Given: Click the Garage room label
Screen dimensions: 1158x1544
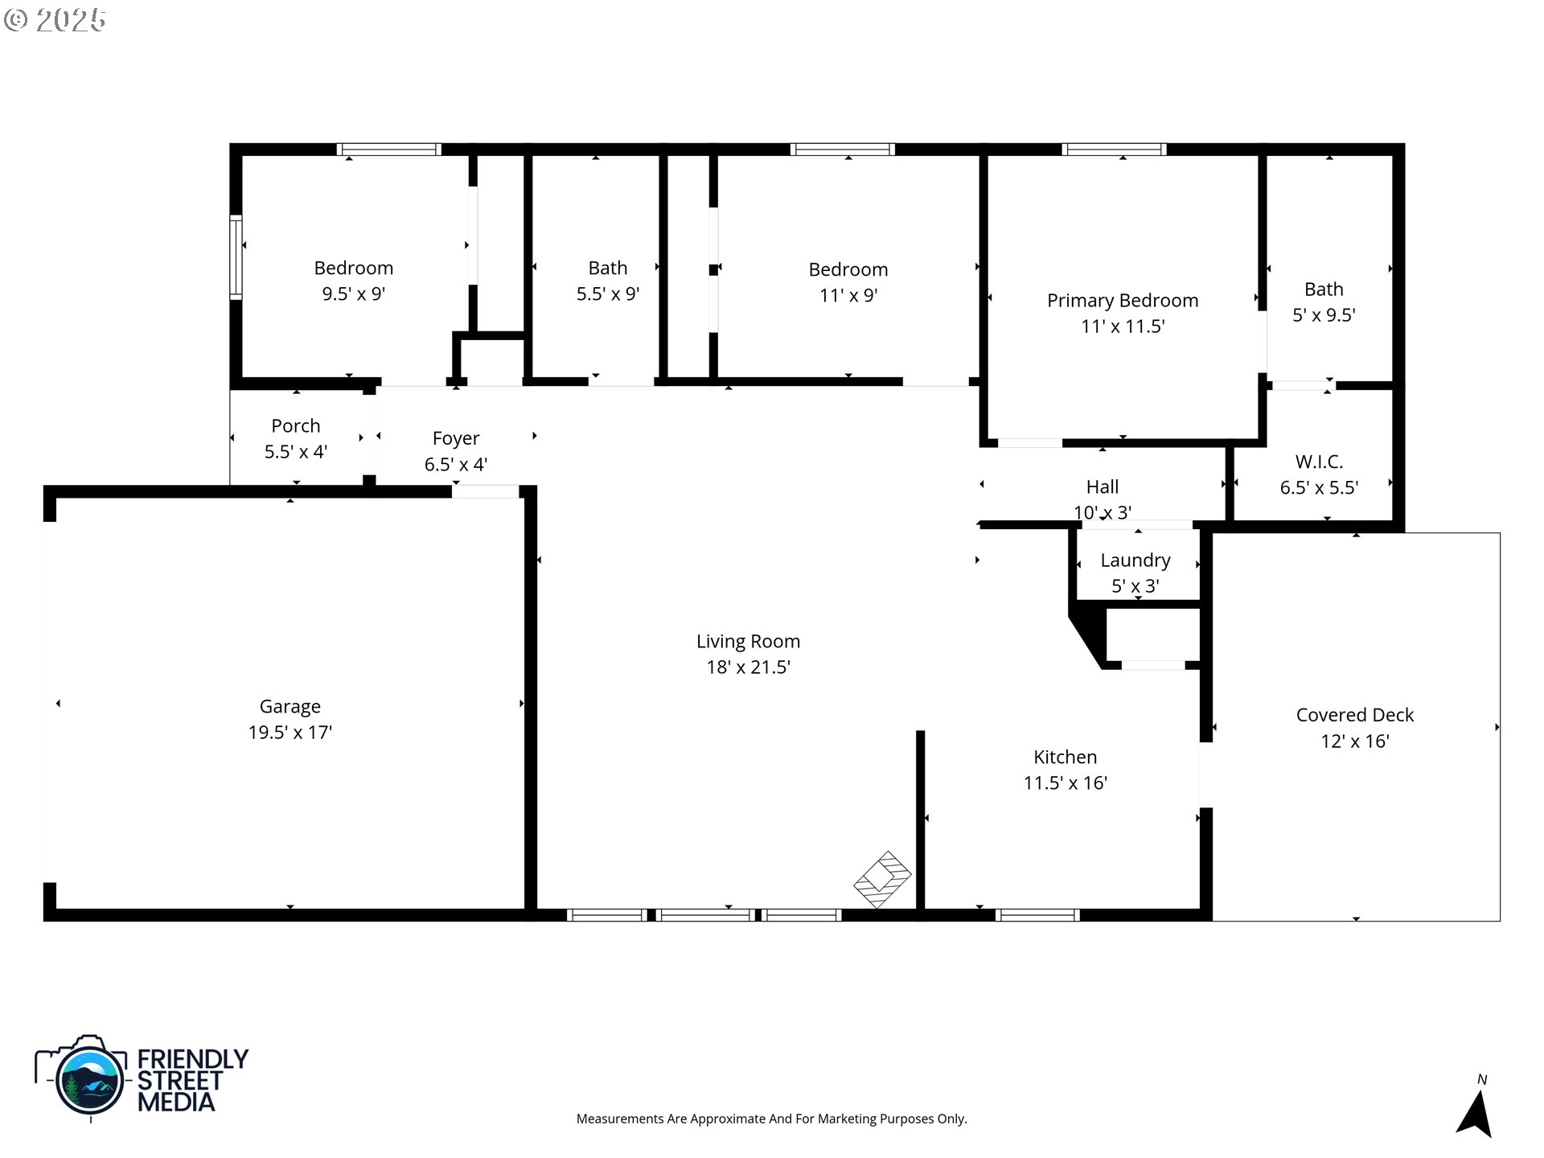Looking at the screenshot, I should [x=289, y=706].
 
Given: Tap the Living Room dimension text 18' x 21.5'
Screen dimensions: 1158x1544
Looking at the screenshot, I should [x=748, y=667].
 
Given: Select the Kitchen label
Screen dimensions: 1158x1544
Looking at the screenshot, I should [x=1065, y=757].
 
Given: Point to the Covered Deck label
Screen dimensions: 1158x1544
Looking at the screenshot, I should [x=1354, y=715].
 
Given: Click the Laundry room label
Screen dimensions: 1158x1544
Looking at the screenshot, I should [x=1135, y=560].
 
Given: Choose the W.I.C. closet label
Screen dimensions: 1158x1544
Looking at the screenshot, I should [x=1319, y=462].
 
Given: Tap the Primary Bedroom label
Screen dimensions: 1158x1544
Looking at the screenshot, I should [x=1122, y=300].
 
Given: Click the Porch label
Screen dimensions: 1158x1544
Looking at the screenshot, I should [x=295, y=425].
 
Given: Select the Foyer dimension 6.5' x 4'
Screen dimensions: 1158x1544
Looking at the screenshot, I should [x=455, y=464].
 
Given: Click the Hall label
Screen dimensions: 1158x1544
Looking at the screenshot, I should [x=1102, y=487].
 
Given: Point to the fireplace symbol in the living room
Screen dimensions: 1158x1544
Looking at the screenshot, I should [x=882, y=879].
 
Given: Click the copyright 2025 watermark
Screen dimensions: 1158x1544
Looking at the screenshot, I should [x=55, y=19].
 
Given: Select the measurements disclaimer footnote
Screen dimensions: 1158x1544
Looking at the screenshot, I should [x=771, y=1119].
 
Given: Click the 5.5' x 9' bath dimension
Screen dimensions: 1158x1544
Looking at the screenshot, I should [x=607, y=294].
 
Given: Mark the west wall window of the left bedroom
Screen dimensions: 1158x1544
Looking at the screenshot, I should [x=236, y=257].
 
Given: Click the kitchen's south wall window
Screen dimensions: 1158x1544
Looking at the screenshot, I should [x=1037, y=914].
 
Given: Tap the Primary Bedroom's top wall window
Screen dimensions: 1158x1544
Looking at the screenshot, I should [x=1114, y=150].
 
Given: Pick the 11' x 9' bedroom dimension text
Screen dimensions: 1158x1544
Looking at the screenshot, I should [x=848, y=295].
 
